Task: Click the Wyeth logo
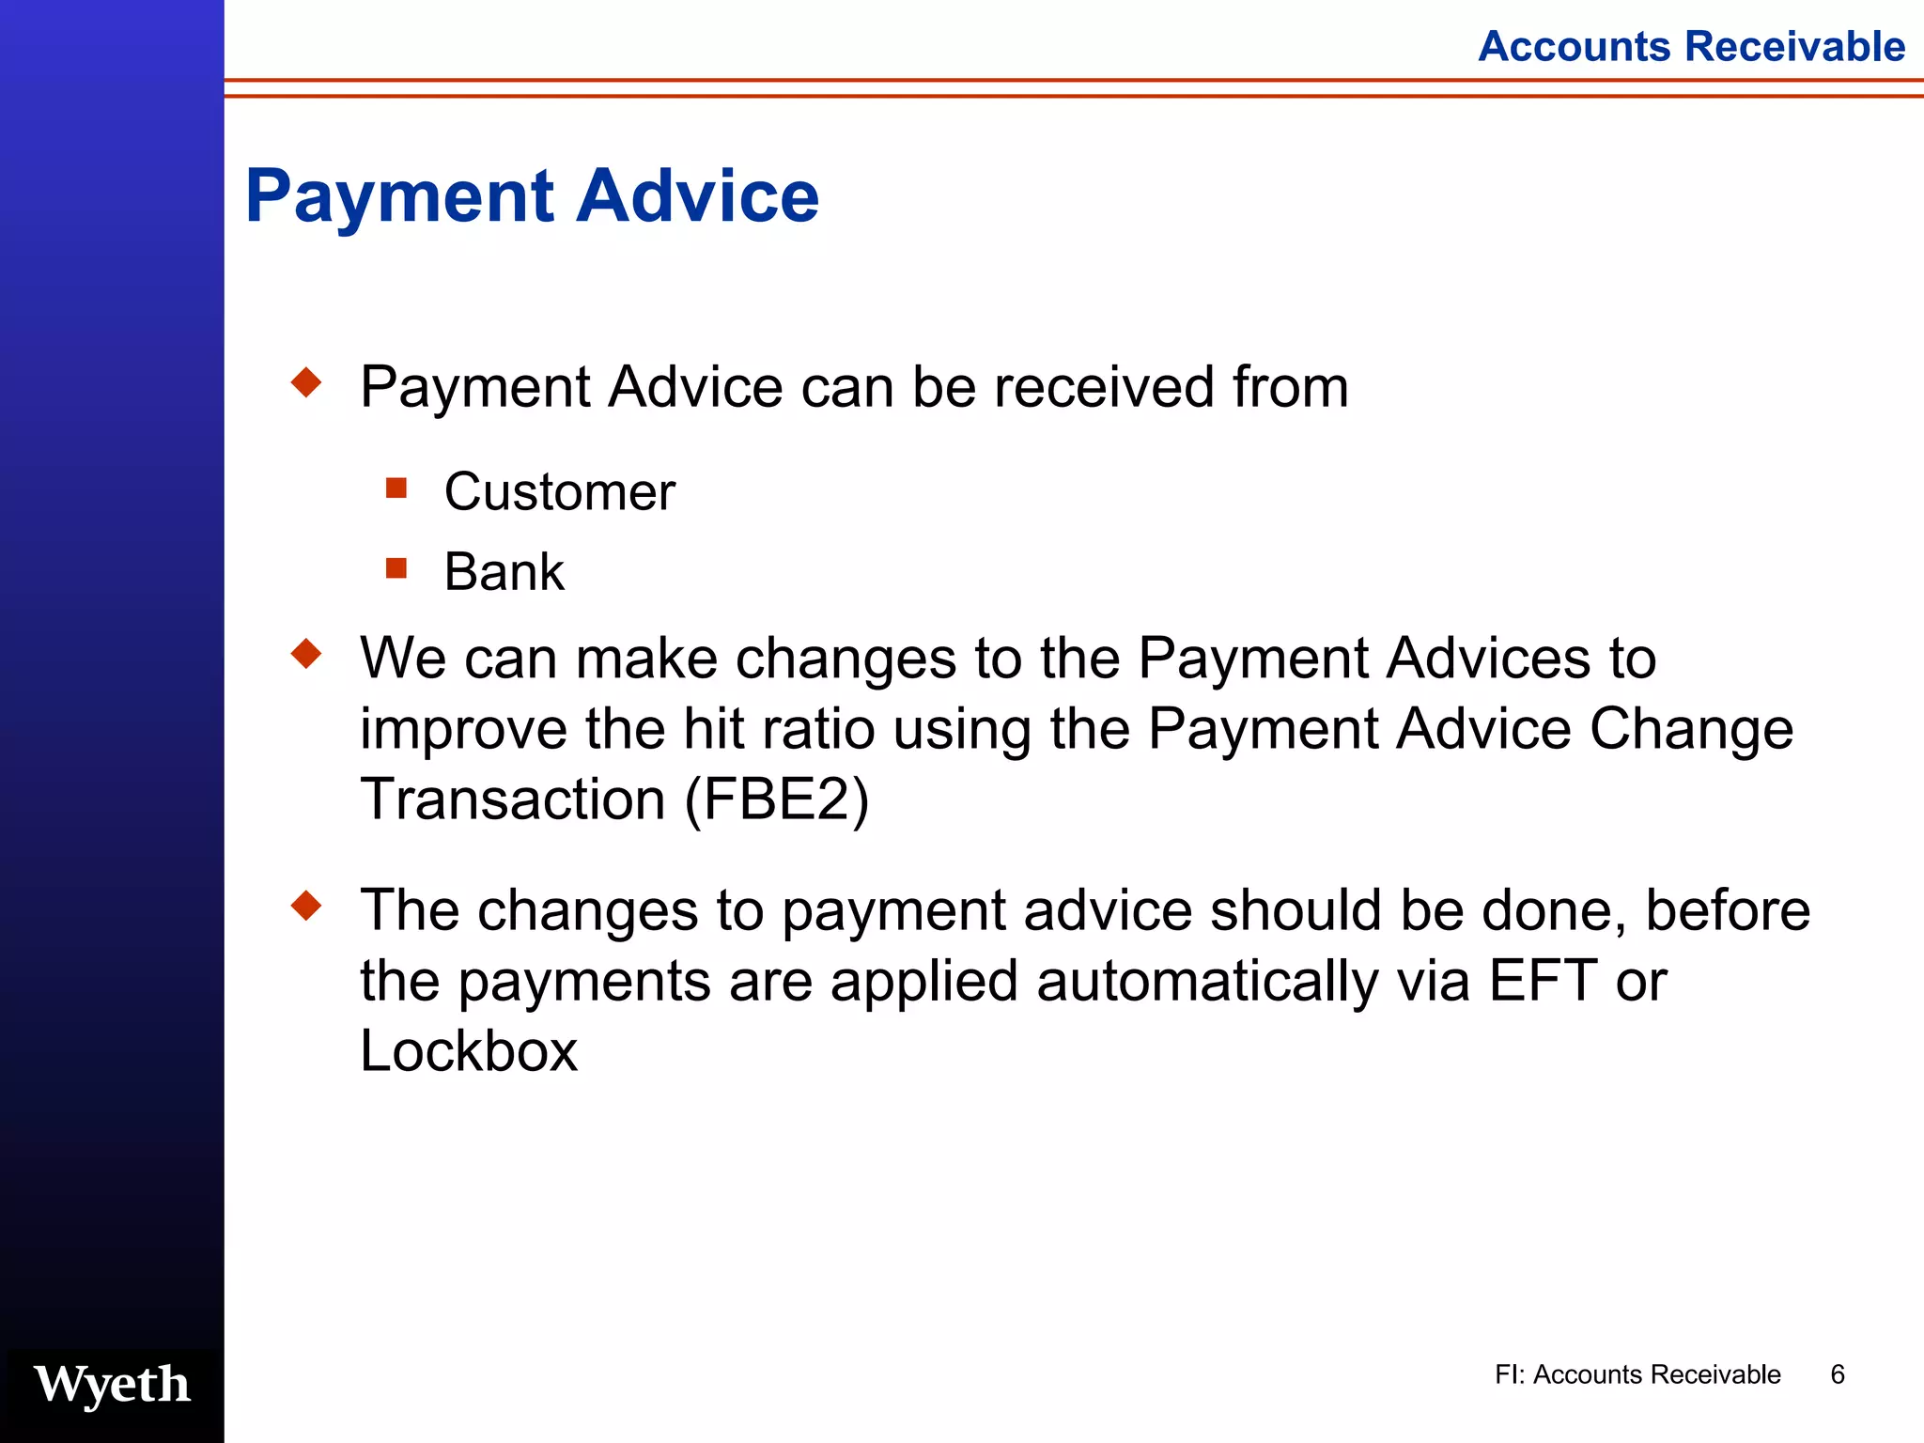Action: click(113, 1385)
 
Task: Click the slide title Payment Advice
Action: click(532, 195)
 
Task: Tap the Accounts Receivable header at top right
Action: click(1691, 46)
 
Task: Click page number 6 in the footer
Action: click(1838, 1374)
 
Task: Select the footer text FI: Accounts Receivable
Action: click(1637, 1374)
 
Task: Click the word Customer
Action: click(559, 491)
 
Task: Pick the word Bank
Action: click(504, 571)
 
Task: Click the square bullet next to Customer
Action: click(396, 488)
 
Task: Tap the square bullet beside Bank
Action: click(396, 568)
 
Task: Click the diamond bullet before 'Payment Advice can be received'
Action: click(306, 382)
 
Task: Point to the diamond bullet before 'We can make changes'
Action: click(306, 653)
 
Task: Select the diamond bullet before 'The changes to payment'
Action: click(306, 906)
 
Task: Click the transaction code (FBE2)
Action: click(777, 800)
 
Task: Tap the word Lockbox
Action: click(469, 1051)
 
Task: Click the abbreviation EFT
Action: click(1543, 981)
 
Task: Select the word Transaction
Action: click(513, 799)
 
